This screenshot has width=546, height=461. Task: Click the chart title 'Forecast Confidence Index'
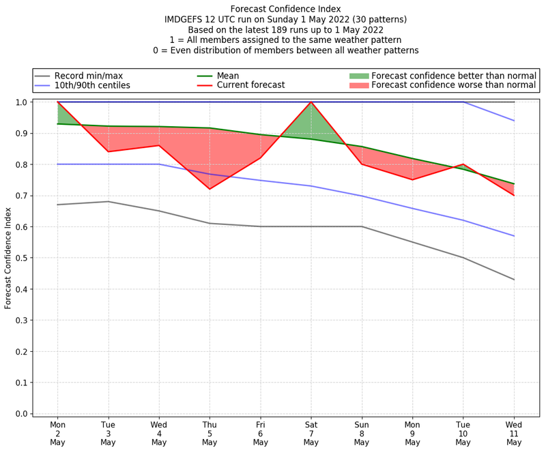point(286,9)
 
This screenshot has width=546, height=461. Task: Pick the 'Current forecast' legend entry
point(250,85)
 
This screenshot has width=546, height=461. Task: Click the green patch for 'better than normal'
point(358,76)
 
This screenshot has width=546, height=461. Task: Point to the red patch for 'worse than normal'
point(358,85)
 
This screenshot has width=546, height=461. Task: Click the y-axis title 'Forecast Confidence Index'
point(8,258)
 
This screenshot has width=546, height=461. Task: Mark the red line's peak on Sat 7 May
point(311,102)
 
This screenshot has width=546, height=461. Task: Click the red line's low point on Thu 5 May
point(210,189)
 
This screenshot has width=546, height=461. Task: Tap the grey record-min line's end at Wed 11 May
point(514,280)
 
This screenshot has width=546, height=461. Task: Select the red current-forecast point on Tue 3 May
point(108,151)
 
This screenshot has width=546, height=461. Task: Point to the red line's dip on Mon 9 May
point(412,179)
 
